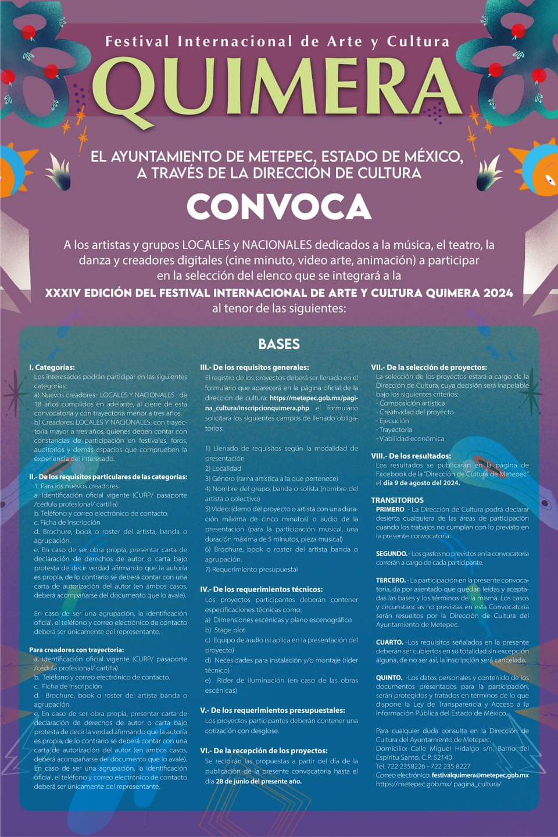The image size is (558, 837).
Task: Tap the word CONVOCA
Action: (278, 206)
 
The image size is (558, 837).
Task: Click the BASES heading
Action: (279, 344)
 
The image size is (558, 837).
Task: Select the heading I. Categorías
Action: (52, 367)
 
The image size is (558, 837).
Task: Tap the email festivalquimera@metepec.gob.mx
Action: (480, 775)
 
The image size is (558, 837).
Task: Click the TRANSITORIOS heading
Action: (397, 500)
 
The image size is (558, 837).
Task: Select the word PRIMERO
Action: (390, 509)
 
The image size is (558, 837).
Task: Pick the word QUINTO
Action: (389, 678)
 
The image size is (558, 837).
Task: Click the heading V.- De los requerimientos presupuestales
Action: (273, 710)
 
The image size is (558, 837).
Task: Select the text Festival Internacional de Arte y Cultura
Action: (277, 42)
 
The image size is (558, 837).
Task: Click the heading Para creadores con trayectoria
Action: (76, 650)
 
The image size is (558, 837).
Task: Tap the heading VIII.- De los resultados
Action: (411, 456)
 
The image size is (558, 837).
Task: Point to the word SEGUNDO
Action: (391, 554)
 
